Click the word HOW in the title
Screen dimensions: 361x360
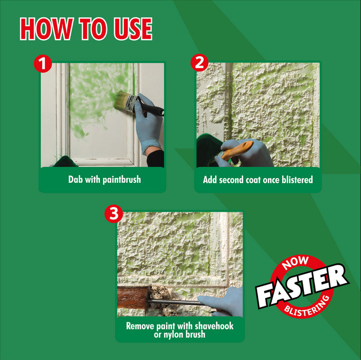click(47, 29)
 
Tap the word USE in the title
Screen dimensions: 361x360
click(133, 29)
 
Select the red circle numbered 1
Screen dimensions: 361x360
click(43, 64)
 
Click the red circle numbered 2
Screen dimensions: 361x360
click(200, 63)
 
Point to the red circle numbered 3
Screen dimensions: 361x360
click(114, 214)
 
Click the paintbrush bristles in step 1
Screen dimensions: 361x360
click(121, 100)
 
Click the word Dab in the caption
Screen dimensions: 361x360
click(76, 179)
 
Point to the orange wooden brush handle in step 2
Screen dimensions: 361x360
click(237, 150)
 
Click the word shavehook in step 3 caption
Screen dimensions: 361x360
click(214, 326)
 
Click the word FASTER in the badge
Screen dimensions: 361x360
click(302, 286)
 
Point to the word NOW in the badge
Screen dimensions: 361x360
click(295, 263)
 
